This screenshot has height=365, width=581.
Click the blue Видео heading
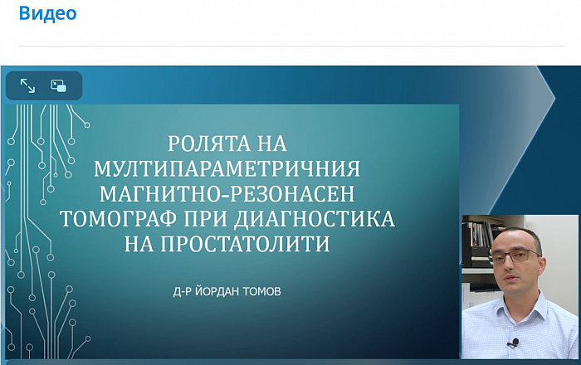tap(48, 13)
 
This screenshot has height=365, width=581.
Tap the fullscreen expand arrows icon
tap(27, 85)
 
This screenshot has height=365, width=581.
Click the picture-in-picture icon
tap(59, 85)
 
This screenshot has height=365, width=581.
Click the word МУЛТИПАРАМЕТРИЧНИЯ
tap(227, 168)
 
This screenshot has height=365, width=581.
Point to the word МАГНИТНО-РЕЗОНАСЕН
tap(227, 193)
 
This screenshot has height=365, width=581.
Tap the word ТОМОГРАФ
tap(118, 219)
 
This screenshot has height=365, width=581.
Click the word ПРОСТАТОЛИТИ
tap(245, 244)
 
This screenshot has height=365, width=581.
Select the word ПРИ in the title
tap(205, 219)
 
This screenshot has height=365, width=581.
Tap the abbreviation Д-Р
tap(183, 292)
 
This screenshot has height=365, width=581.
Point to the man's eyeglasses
tap(516, 255)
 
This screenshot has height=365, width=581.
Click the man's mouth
tap(510, 277)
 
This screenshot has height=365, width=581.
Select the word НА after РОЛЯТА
tap(272, 144)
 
